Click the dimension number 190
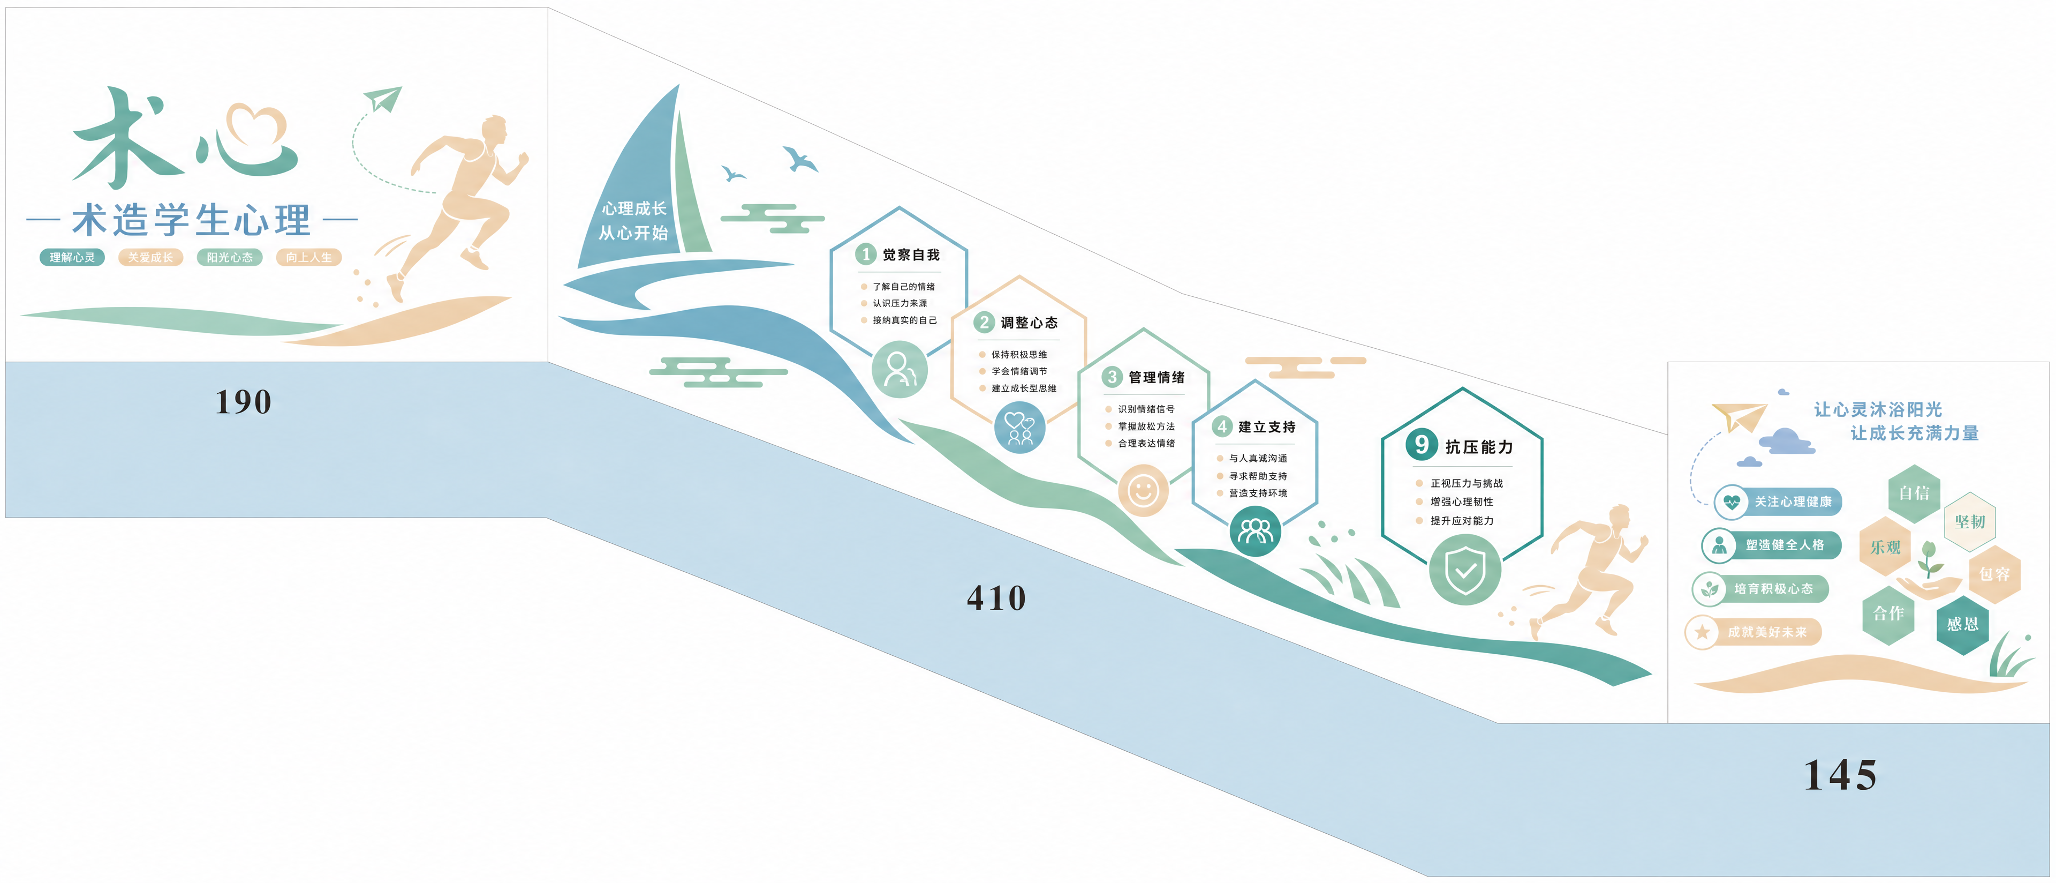[x=244, y=401]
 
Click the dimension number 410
[x=996, y=598]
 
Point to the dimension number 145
[x=1841, y=775]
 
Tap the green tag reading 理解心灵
[x=72, y=257]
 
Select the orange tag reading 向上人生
[x=309, y=257]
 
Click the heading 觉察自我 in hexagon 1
[x=911, y=255]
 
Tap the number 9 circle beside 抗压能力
[x=1422, y=445]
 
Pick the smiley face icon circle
[x=1143, y=490]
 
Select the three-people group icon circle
[x=1256, y=531]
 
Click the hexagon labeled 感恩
[x=1962, y=624]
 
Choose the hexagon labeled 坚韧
[x=1970, y=521]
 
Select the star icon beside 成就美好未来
[x=1702, y=632]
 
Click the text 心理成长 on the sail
[x=634, y=208]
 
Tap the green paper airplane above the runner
[x=383, y=99]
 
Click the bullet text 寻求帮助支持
[x=1258, y=476]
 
